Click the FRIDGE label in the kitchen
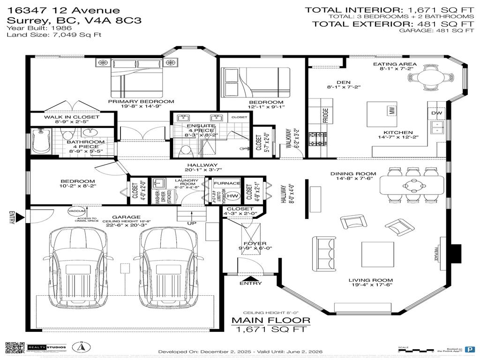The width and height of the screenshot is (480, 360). (325, 114)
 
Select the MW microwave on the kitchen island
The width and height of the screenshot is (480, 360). (390, 111)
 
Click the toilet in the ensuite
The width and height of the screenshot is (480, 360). (187, 151)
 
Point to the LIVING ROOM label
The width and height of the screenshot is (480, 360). (370, 280)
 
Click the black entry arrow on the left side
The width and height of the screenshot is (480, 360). (19, 217)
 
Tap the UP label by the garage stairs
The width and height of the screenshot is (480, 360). (192, 223)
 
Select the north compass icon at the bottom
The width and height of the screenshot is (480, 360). (80, 348)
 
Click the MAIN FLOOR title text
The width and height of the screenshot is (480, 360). (271, 320)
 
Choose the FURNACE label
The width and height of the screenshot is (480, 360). (227, 183)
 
